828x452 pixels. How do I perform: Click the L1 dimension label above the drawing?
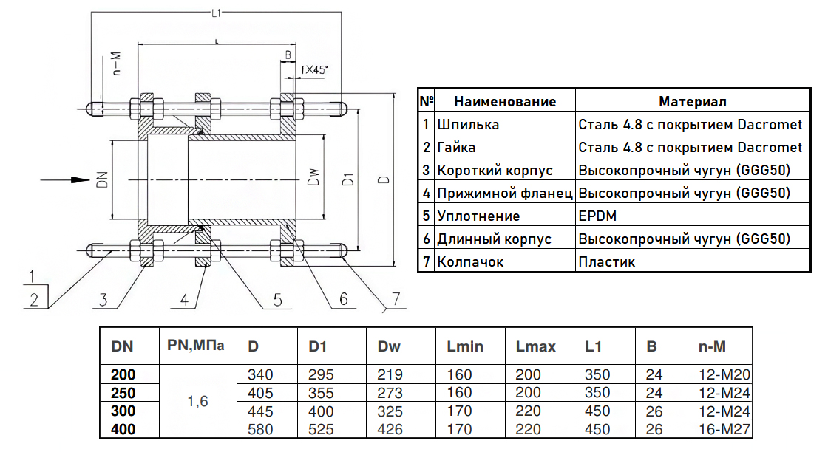pyautogui.click(x=216, y=13)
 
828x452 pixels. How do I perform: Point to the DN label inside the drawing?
pyautogui.click(x=103, y=180)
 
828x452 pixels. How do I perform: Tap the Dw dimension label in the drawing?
pyautogui.click(x=313, y=177)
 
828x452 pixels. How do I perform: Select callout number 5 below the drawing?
pyautogui.click(x=278, y=300)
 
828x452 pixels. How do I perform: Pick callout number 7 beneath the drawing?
pyautogui.click(x=396, y=299)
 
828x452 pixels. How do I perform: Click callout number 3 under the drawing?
pyautogui.click(x=103, y=300)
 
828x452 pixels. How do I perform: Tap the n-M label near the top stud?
pyautogui.click(x=117, y=64)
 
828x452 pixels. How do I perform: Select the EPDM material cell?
pyautogui.click(x=597, y=216)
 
